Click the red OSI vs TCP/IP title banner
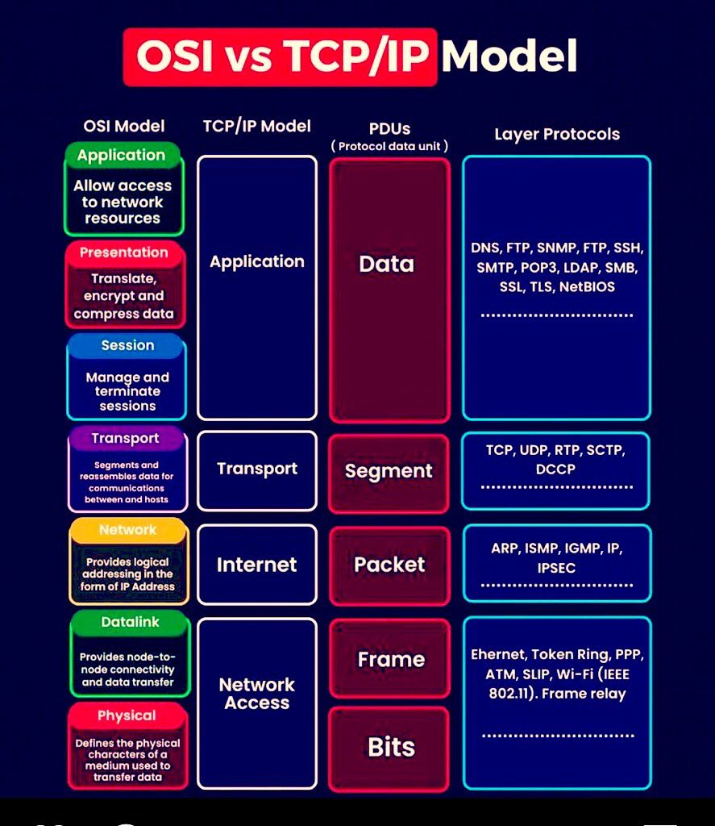pyautogui.click(x=280, y=57)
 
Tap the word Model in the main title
pyautogui.click(x=509, y=56)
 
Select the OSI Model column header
pyautogui.click(x=124, y=126)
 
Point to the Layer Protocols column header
pyautogui.click(x=557, y=135)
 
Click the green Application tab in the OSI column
pyautogui.click(x=122, y=155)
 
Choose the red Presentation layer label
pyautogui.click(x=124, y=252)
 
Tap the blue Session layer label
pyautogui.click(x=128, y=345)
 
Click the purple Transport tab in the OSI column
pyautogui.click(x=125, y=438)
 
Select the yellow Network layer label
pyautogui.click(x=128, y=530)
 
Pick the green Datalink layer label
pyautogui.click(x=130, y=622)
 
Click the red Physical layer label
pyautogui.click(x=127, y=715)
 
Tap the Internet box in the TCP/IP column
pyautogui.click(x=257, y=565)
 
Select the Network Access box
pyautogui.click(x=257, y=703)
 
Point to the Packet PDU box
pyautogui.click(x=389, y=565)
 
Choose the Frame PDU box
pyautogui.click(x=390, y=658)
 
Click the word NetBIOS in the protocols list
pyautogui.click(x=587, y=287)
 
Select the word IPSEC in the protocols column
pyautogui.click(x=556, y=568)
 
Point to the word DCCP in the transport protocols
pyautogui.click(x=555, y=469)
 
